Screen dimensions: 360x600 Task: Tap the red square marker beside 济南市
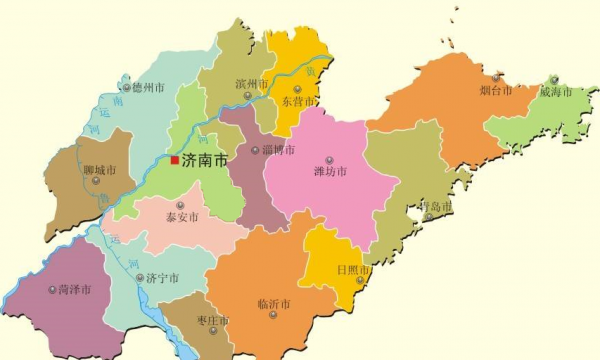coord(174,160)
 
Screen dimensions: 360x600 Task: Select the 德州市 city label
coord(148,88)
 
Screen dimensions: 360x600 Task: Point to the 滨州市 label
coord(250,84)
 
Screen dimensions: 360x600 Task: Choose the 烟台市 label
coord(495,90)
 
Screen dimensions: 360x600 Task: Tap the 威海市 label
coord(555,92)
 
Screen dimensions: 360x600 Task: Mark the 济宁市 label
coord(163,278)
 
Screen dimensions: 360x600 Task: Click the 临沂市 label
coord(273,303)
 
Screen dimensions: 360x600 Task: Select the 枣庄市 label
coord(212,321)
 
